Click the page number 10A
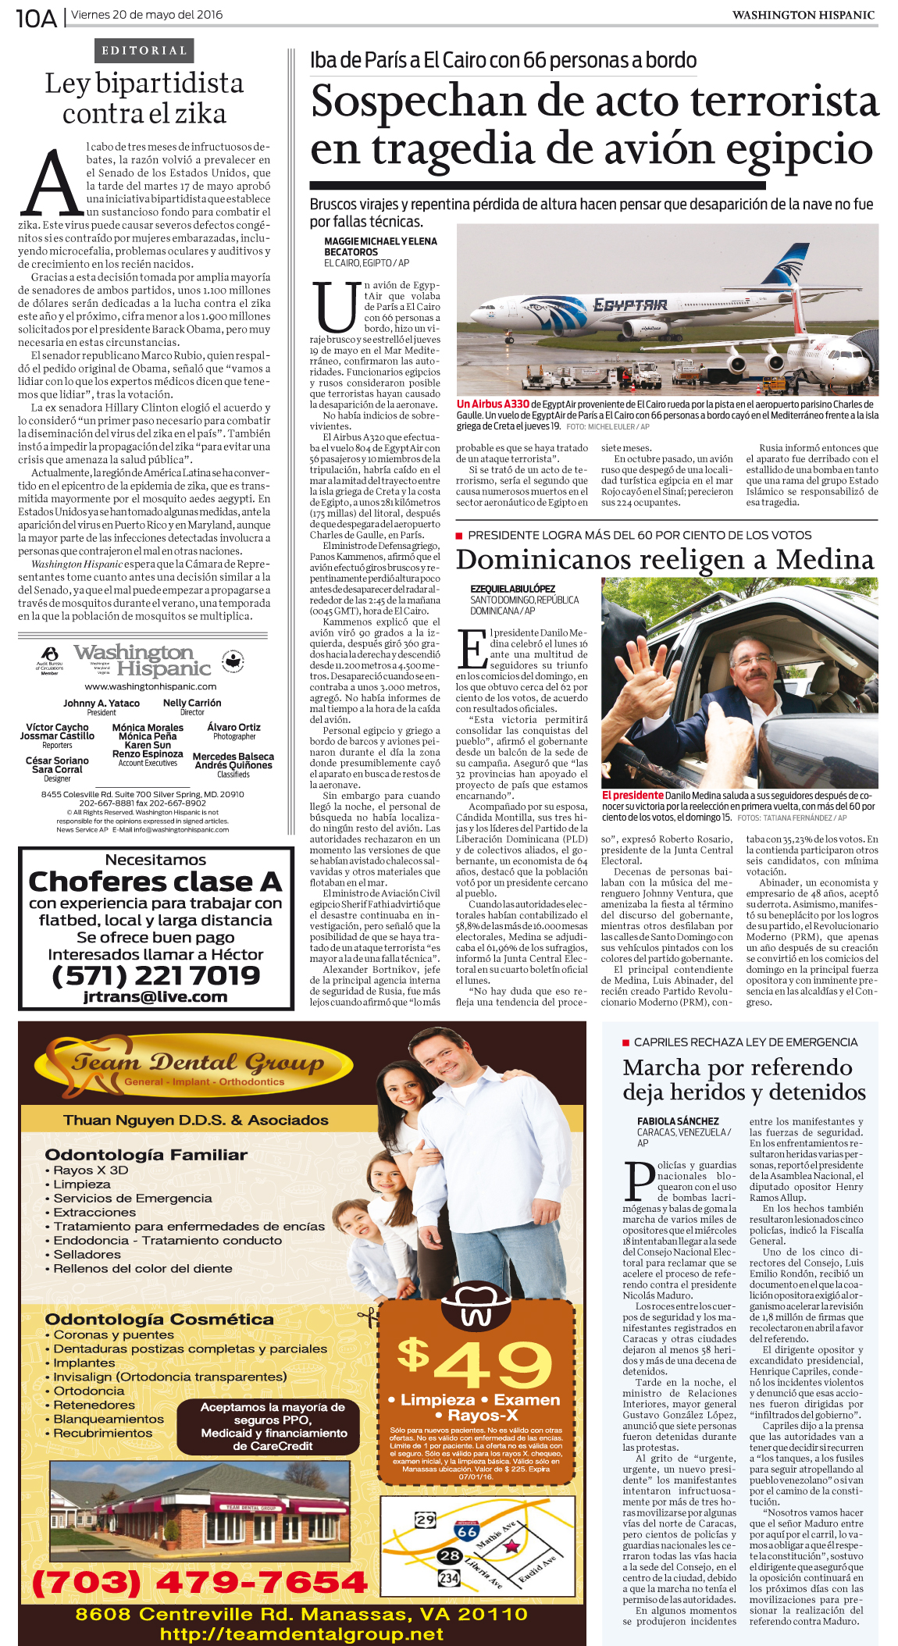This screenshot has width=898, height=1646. [x=36, y=17]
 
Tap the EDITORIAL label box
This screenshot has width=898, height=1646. [x=144, y=51]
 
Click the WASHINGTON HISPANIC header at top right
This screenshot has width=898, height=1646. [x=803, y=15]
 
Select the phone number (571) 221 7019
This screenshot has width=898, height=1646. [x=155, y=975]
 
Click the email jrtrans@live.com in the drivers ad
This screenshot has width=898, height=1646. [x=155, y=996]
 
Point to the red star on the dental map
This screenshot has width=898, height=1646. [x=511, y=1546]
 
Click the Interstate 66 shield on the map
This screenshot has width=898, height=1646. [x=467, y=1530]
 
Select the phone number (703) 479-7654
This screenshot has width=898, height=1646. [x=199, y=1582]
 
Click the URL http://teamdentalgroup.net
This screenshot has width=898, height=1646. [x=301, y=1634]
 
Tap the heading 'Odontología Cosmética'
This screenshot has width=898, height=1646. [x=159, y=1319]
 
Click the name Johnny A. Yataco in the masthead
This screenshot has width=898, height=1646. [x=102, y=703]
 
